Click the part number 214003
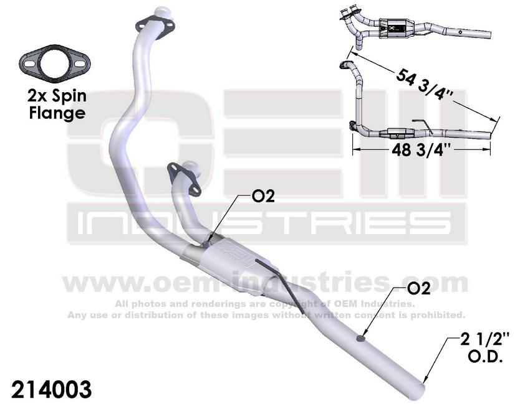point(51,390)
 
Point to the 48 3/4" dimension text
point(422,149)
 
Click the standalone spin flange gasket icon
point(54,63)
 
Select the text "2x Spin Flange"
point(57,105)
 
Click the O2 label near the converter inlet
point(263,196)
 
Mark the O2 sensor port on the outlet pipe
point(361,338)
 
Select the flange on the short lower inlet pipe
point(184,179)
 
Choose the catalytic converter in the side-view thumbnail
point(398,134)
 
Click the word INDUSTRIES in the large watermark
point(264,223)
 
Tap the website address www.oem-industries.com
point(264,283)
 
